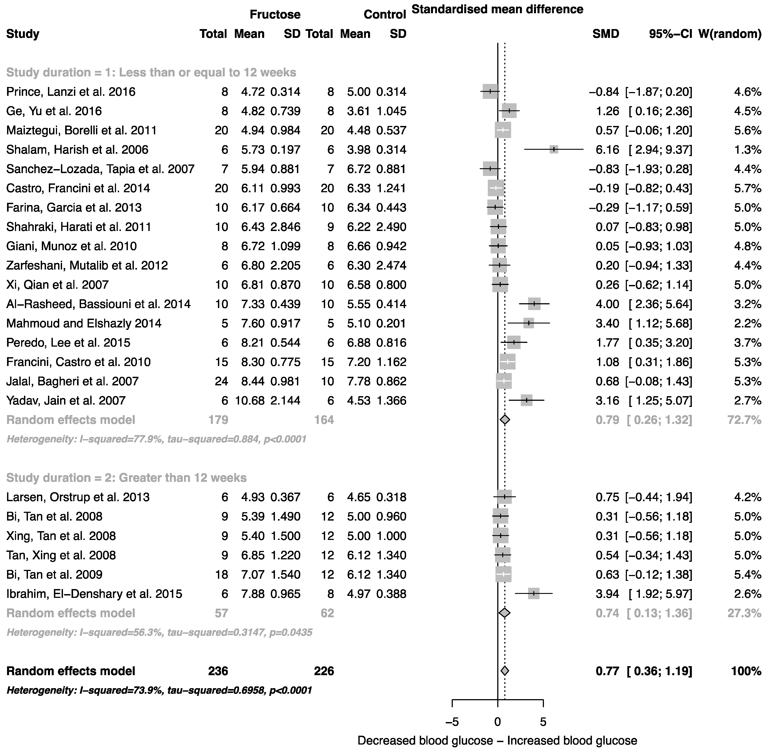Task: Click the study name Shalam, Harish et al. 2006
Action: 77,150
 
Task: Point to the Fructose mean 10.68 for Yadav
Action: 250,401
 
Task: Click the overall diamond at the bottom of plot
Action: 505,671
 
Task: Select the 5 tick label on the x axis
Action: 543,722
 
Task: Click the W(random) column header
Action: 730,34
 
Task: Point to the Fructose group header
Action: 275,15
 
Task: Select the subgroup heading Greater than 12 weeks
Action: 126,478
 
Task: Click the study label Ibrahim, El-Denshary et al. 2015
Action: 94,594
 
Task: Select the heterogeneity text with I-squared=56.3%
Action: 160,632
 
